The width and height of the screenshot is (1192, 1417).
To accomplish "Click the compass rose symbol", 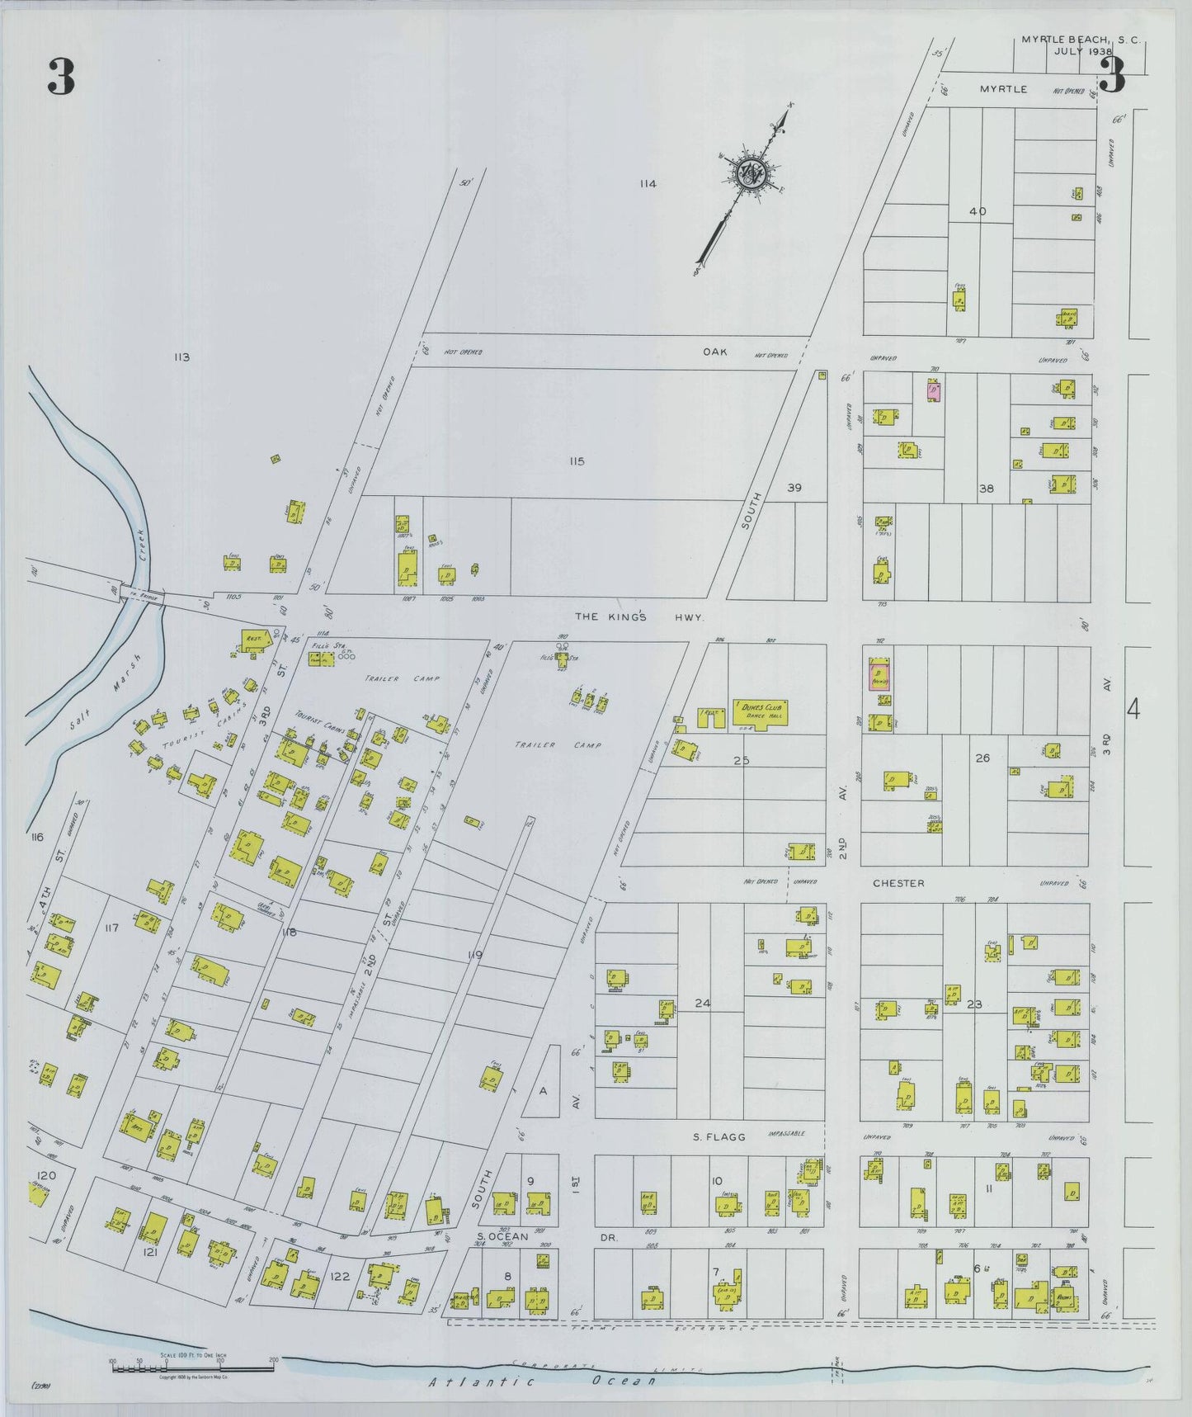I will tap(753, 173).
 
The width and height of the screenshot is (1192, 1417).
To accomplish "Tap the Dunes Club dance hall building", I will tap(760, 713).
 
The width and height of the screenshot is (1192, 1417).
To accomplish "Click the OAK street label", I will tap(714, 352).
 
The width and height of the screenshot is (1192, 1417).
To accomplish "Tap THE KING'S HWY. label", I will tap(639, 616).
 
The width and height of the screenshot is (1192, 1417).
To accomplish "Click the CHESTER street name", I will tap(898, 883).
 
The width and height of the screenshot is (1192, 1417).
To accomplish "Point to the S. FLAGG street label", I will tap(718, 1137).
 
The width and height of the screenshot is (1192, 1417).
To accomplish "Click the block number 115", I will tap(576, 461).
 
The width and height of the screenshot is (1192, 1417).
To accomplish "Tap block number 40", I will tap(978, 211).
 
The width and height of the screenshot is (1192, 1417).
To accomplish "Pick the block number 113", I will tap(181, 357).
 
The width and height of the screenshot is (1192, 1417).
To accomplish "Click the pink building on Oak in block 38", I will tap(934, 390).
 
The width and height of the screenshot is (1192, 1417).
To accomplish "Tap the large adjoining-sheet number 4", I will tap(1133, 709).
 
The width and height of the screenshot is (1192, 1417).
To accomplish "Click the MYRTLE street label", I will tap(1003, 89).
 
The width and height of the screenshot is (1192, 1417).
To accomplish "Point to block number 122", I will tap(340, 1276).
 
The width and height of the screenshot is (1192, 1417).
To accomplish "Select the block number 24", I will tap(702, 1004).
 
